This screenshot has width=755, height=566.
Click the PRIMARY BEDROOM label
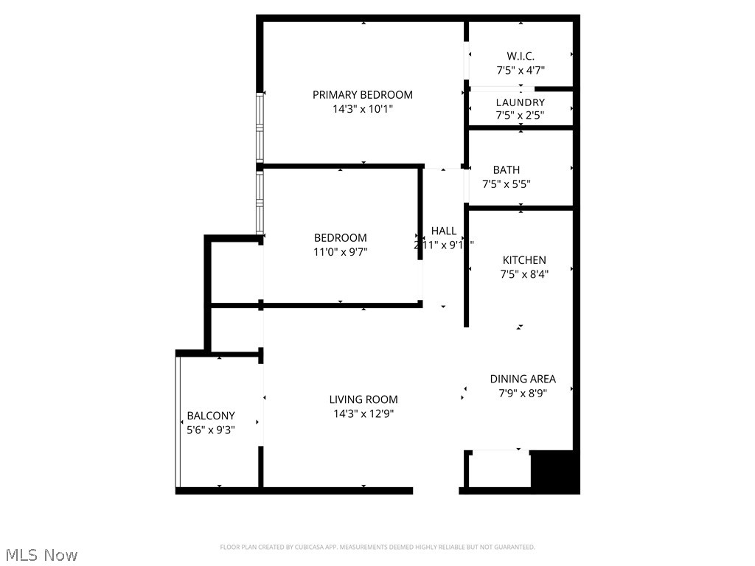[x=362, y=95]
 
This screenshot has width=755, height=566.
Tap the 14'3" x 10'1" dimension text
[x=362, y=109]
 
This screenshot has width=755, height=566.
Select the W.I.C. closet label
[x=521, y=56]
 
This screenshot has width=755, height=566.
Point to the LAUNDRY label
[x=521, y=102]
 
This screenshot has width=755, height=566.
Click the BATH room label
[x=507, y=170]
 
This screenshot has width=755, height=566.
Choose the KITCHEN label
[x=524, y=260]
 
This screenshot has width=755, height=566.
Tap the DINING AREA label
[x=523, y=379]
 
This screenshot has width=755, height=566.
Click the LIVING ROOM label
[x=363, y=399]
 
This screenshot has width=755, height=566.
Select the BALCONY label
[x=211, y=416]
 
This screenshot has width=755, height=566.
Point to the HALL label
[x=444, y=231]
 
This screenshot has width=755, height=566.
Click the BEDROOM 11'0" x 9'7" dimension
[x=341, y=252]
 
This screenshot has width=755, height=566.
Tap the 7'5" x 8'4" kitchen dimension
[x=524, y=274]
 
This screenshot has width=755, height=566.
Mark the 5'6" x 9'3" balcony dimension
[x=211, y=430]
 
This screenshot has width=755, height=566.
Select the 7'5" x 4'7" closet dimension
[x=521, y=71]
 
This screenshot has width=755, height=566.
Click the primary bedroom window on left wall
[x=260, y=127]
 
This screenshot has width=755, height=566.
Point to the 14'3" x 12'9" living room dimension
[x=363, y=414]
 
